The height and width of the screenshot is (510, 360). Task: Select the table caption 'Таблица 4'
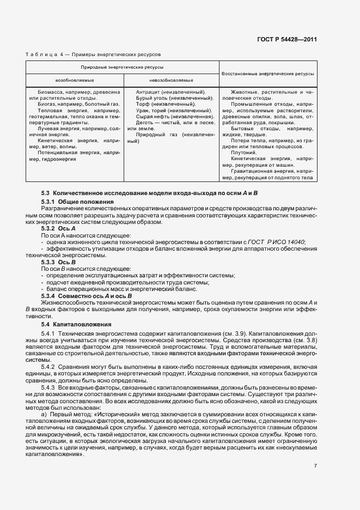(44, 55)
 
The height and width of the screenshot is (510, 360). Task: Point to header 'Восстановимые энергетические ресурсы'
(268, 72)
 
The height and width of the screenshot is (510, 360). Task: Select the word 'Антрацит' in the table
(148, 92)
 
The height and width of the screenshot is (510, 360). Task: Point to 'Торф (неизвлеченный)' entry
(162, 104)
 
